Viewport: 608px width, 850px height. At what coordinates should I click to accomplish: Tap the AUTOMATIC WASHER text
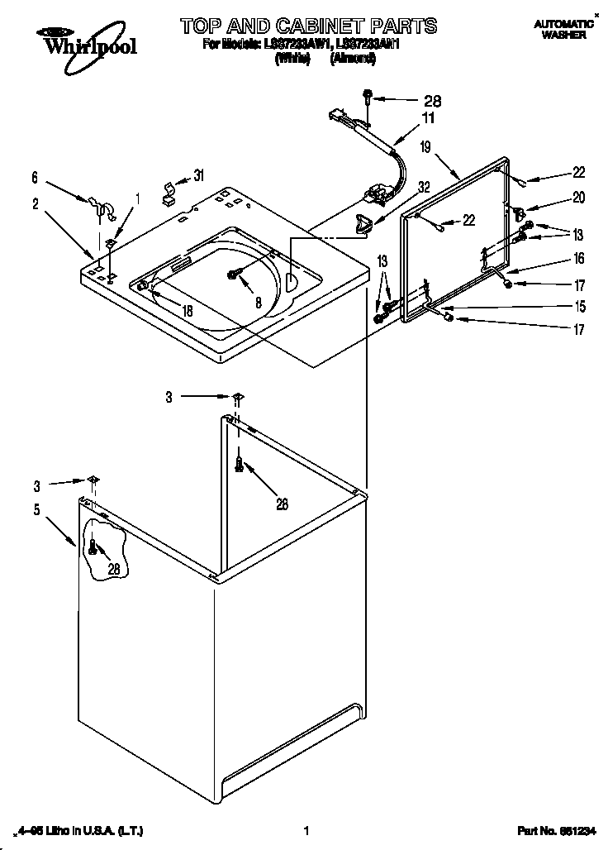point(564,31)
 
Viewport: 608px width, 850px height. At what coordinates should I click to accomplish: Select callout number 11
point(427,118)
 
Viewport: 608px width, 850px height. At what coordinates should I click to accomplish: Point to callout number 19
point(425,148)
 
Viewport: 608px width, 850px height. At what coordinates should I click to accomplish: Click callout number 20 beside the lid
point(579,198)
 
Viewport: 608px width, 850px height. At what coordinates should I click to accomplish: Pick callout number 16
point(579,259)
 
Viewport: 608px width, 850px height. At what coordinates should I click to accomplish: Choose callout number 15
point(579,307)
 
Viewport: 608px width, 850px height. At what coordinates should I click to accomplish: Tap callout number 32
point(424,187)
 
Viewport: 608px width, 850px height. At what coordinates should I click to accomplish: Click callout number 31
point(199,175)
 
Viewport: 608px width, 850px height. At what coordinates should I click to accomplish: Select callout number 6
point(35,176)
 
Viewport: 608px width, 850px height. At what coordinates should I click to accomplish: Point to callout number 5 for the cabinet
point(36,510)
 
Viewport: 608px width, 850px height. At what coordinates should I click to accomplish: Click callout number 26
point(282,504)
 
